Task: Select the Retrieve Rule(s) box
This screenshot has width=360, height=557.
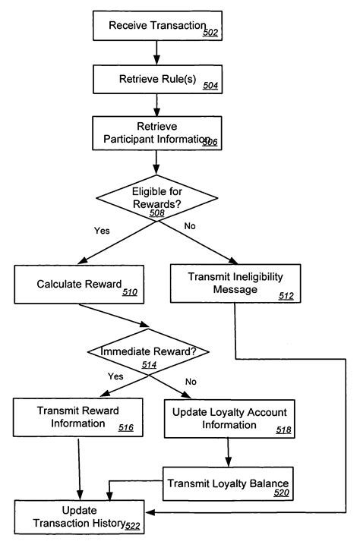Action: coord(156,79)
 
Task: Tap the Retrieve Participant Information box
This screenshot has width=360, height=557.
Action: coord(156,133)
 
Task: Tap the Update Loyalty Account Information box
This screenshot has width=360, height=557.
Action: coord(229,419)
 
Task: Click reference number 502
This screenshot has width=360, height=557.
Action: coord(211,33)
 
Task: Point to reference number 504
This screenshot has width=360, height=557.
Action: coord(210,86)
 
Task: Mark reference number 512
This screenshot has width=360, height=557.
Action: coord(286,296)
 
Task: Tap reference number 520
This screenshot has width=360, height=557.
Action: coord(282,493)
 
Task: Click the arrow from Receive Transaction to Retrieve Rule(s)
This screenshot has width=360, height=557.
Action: coord(156,52)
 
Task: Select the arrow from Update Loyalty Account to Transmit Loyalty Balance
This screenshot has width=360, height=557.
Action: coord(229,455)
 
